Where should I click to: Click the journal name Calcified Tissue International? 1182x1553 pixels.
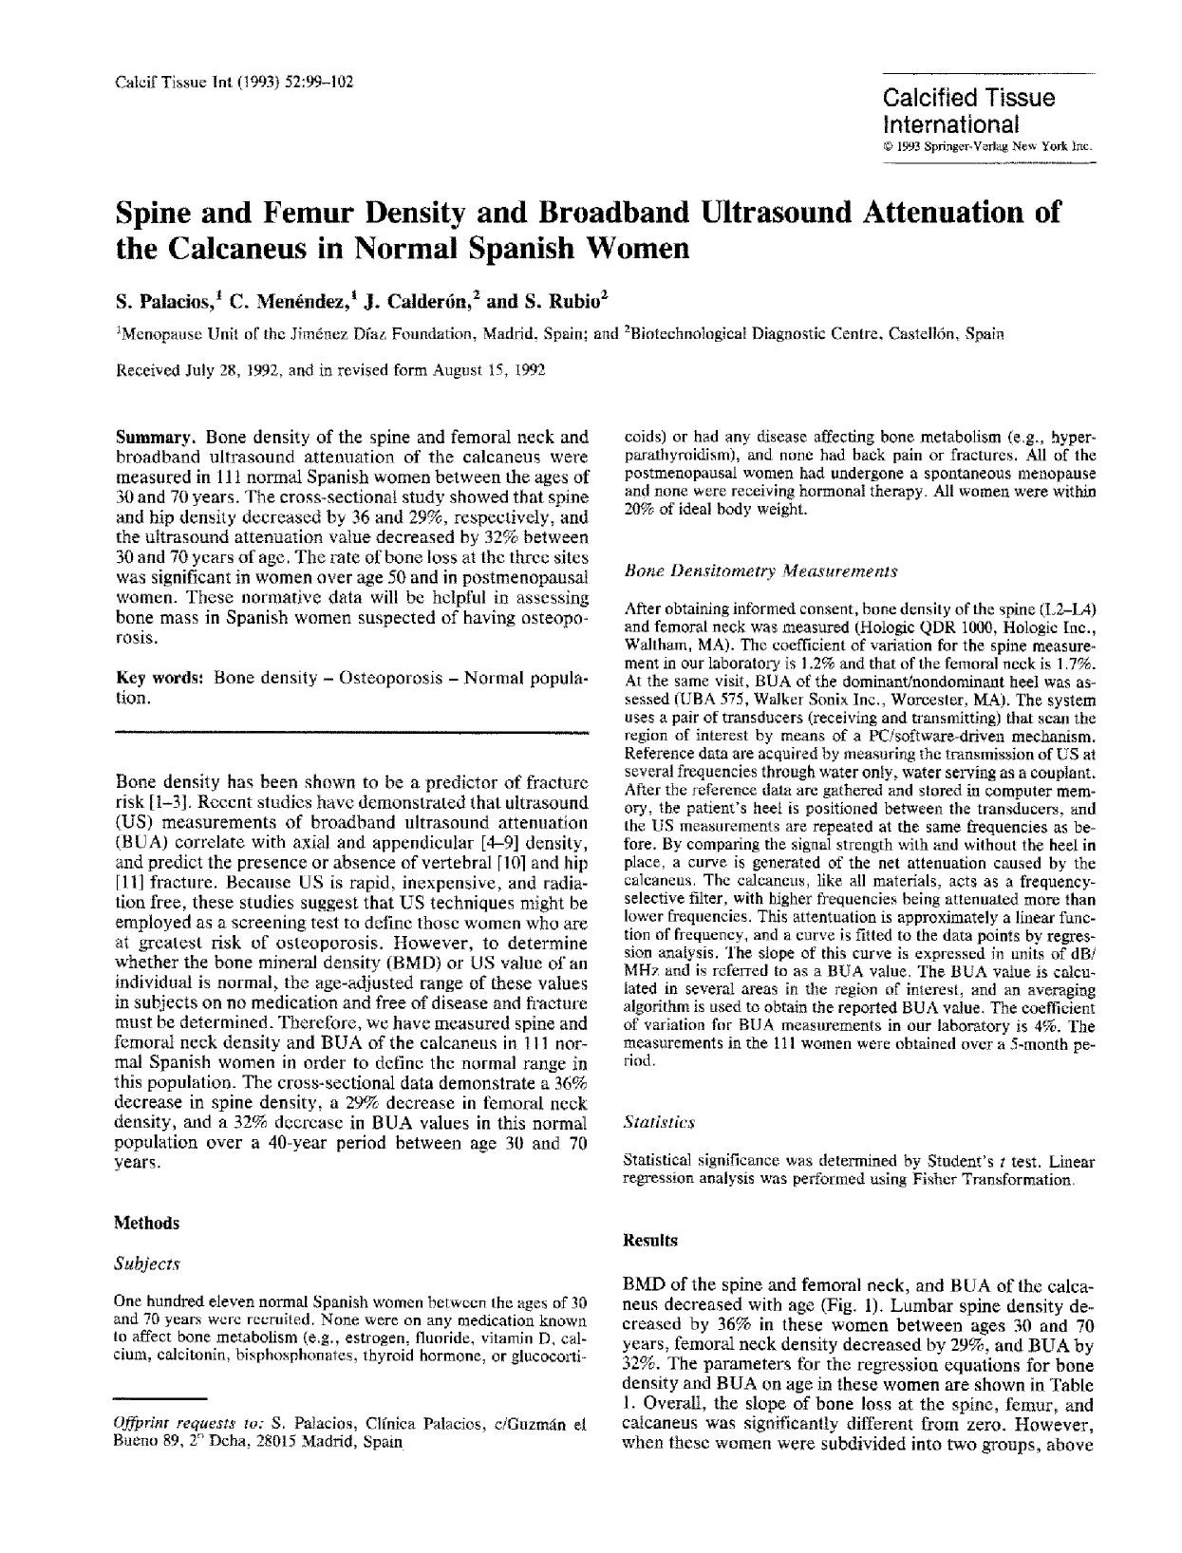click(968, 110)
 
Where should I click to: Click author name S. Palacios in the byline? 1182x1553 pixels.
click(166, 303)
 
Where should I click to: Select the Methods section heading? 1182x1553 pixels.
click(146, 1223)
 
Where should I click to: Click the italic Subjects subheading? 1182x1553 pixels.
click(146, 1263)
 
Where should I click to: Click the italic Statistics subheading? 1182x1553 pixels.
click(659, 1122)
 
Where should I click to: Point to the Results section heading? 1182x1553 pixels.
click(650, 1240)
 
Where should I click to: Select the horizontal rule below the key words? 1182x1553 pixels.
click(351, 732)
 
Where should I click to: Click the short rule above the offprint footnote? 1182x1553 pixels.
click(160, 1398)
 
